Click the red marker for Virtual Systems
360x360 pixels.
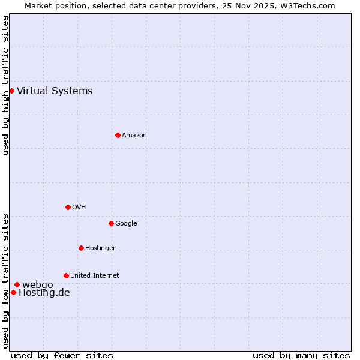coord(11,91)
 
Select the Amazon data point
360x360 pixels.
coord(118,135)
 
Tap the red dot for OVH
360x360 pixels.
coord(68,207)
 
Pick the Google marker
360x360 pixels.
coord(111,223)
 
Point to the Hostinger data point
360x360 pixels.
coord(81,248)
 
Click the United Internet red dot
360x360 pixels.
coord(66,275)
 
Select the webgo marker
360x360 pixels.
coord(17,284)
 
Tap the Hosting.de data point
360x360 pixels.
coord(13,292)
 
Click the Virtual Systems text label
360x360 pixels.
coord(55,91)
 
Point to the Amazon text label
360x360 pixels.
coord(134,136)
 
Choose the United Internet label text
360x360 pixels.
coord(94,276)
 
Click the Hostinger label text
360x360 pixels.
coord(100,248)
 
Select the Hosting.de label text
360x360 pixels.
coord(44,293)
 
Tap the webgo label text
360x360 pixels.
coord(37,284)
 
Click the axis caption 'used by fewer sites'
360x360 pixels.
coord(62,355)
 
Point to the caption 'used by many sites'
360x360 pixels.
coord(301,355)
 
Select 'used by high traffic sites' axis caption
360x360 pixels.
coord(6,85)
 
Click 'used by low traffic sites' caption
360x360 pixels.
coord(6,280)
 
